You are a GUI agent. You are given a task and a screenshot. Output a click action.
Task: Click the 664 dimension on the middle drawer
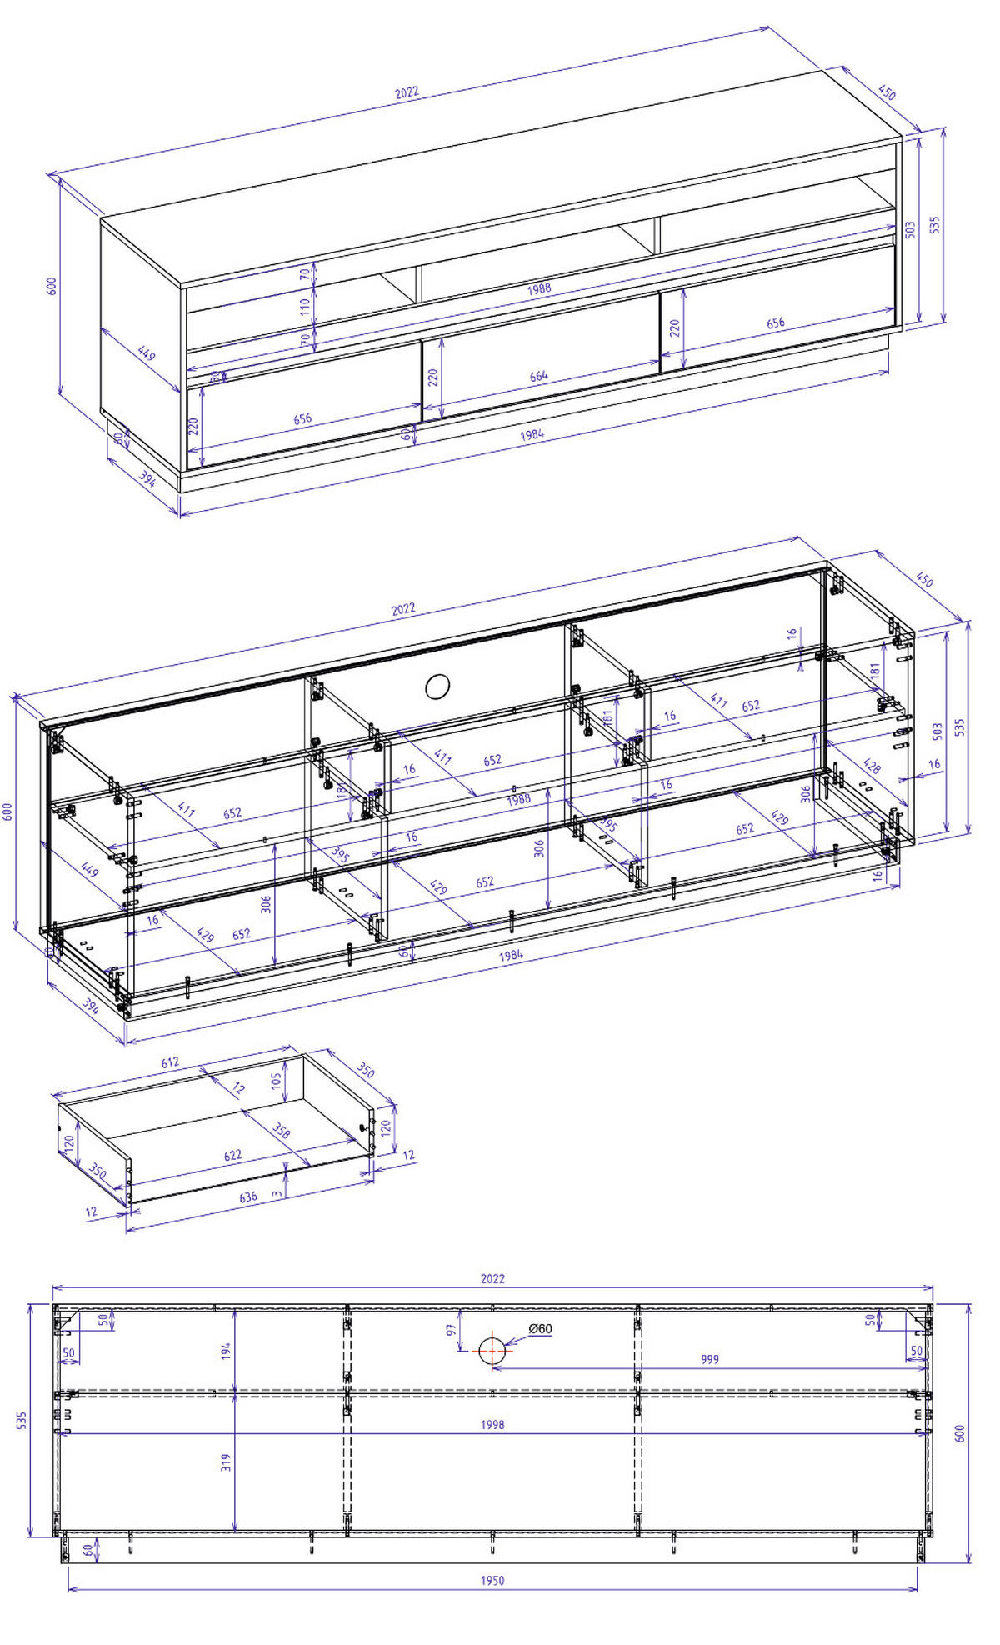[x=539, y=376]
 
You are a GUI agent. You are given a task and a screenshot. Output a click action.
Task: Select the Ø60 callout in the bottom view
[x=541, y=1329]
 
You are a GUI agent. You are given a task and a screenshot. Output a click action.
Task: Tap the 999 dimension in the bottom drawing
[x=709, y=1359]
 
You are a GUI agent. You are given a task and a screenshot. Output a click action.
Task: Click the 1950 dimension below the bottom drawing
[x=492, y=1580]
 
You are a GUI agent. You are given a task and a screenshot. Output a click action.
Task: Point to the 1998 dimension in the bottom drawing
[x=492, y=1424]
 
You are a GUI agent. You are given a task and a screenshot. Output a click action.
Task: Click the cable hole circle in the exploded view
[x=437, y=687]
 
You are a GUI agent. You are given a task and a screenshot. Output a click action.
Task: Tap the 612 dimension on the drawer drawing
[x=170, y=1062]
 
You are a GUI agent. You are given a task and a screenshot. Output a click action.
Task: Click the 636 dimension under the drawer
[x=248, y=1197]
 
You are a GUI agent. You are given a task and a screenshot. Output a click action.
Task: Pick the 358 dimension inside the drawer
[x=282, y=1131]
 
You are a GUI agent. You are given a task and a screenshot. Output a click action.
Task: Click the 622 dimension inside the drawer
[x=232, y=1155]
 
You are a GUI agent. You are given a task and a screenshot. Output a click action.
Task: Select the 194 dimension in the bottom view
[x=226, y=1352]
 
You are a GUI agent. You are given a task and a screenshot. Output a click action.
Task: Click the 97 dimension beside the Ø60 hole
[x=452, y=1331]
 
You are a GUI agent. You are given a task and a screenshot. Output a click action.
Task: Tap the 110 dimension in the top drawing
[x=305, y=305]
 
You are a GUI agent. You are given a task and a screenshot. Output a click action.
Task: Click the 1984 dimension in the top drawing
[x=532, y=434]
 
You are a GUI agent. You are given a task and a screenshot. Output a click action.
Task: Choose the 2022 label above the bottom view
[x=492, y=1278]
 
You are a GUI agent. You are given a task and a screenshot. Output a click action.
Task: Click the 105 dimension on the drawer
[x=277, y=1081]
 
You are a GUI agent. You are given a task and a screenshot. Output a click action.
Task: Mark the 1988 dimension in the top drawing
[x=539, y=288]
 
